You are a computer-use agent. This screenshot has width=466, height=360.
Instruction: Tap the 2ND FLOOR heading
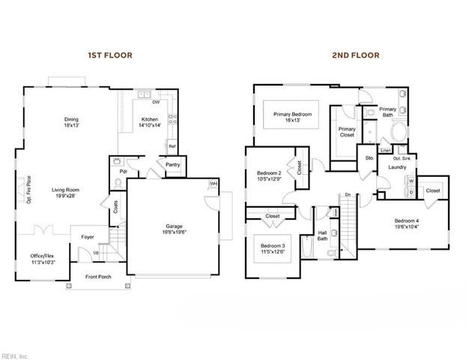[357, 55]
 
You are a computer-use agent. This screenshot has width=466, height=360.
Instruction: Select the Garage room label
[176, 229]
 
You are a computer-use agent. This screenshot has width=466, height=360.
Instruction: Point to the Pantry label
[172, 164]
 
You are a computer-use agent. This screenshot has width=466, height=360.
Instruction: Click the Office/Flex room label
[43, 257]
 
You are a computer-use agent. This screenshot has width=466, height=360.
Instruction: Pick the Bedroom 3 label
[273, 248]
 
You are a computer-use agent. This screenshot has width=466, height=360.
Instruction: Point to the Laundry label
[396, 167]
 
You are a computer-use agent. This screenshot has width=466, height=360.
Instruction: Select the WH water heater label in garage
[213, 184]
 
